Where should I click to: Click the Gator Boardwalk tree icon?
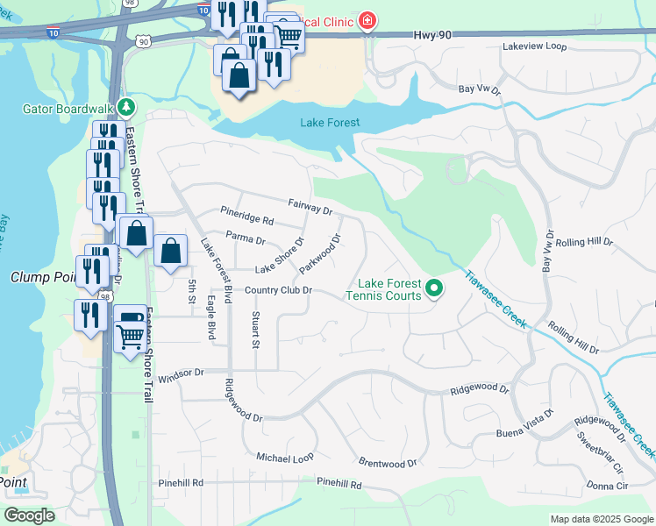click(127, 108)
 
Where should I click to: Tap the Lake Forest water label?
click(330, 123)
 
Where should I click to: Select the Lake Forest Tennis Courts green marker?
click(433, 288)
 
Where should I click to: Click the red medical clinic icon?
click(367, 21)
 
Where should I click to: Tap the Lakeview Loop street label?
click(535, 46)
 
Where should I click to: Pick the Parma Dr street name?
click(246, 238)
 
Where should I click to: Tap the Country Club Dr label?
click(278, 291)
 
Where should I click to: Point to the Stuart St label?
click(255, 330)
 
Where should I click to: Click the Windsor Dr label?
click(181, 373)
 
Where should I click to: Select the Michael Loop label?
click(284, 458)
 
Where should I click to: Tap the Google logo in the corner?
click(29, 515)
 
